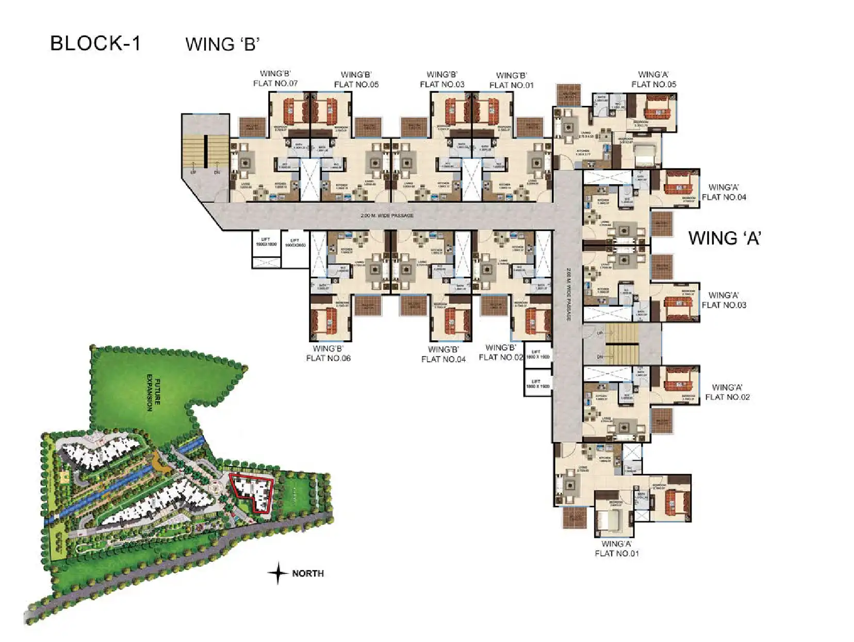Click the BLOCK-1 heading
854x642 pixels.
[x=95, y=43]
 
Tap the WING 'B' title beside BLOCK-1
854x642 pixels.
[x=222, y=44]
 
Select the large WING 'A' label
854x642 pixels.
[x=725, y=238]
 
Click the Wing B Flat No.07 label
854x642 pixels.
[x=275, y=78]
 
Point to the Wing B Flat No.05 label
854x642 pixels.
[x=356, y=79]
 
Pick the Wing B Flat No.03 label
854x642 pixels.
[x=442, y=79]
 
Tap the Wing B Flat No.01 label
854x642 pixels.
[x=511, y=81]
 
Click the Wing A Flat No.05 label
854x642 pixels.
[x=653, y=79]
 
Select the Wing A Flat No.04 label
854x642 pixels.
[x=724, y=192]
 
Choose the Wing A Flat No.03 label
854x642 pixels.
[x=724, y=300]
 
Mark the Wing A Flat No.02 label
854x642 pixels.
[x=727, y=392]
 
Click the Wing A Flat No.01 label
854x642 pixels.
[x=616, y=548]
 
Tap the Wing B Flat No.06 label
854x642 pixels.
[x=328, y=353]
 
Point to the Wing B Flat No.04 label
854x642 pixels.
[x=443, y=354]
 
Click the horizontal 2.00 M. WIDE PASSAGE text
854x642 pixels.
[x=387, y=215]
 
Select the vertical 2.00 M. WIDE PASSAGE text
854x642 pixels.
[x=568, y=294]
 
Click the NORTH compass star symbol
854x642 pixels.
[x=278, y=573]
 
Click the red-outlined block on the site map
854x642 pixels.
[x=253, y=493]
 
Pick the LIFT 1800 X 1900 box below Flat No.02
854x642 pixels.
[x=537, y=383]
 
